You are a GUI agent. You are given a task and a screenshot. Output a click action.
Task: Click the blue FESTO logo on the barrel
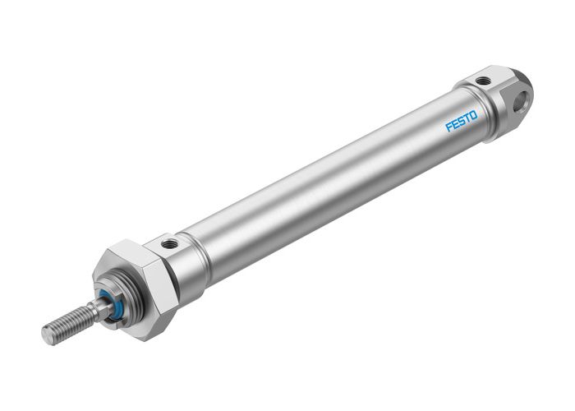pyautogui.click(x=461, y=122)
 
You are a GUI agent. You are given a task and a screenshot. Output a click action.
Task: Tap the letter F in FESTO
pyautogui.click(x=449, y=128)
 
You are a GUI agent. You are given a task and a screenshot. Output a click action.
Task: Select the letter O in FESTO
pyautogui.click(x=472, y=115)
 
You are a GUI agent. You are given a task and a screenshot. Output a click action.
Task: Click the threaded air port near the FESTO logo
pyautogui.click(x=485, y=81)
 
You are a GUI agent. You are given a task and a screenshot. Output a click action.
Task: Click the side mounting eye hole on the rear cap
pyautogui.click(x=520, y=103)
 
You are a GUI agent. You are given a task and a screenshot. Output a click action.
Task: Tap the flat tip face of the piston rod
pyautogui.click(x=48, y=335)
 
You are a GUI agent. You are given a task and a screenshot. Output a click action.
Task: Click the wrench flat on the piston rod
pyautogui.click(x=96, y=308)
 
